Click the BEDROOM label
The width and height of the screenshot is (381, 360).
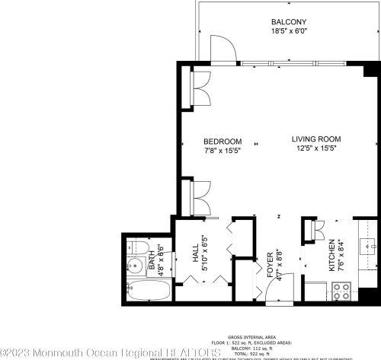223,142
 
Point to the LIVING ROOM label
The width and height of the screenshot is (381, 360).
315,139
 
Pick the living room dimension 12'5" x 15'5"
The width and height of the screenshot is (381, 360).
315,148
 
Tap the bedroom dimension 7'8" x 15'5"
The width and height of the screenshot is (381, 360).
223,151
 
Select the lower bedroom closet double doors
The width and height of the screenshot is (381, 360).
203,197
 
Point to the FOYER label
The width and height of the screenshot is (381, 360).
270,263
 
